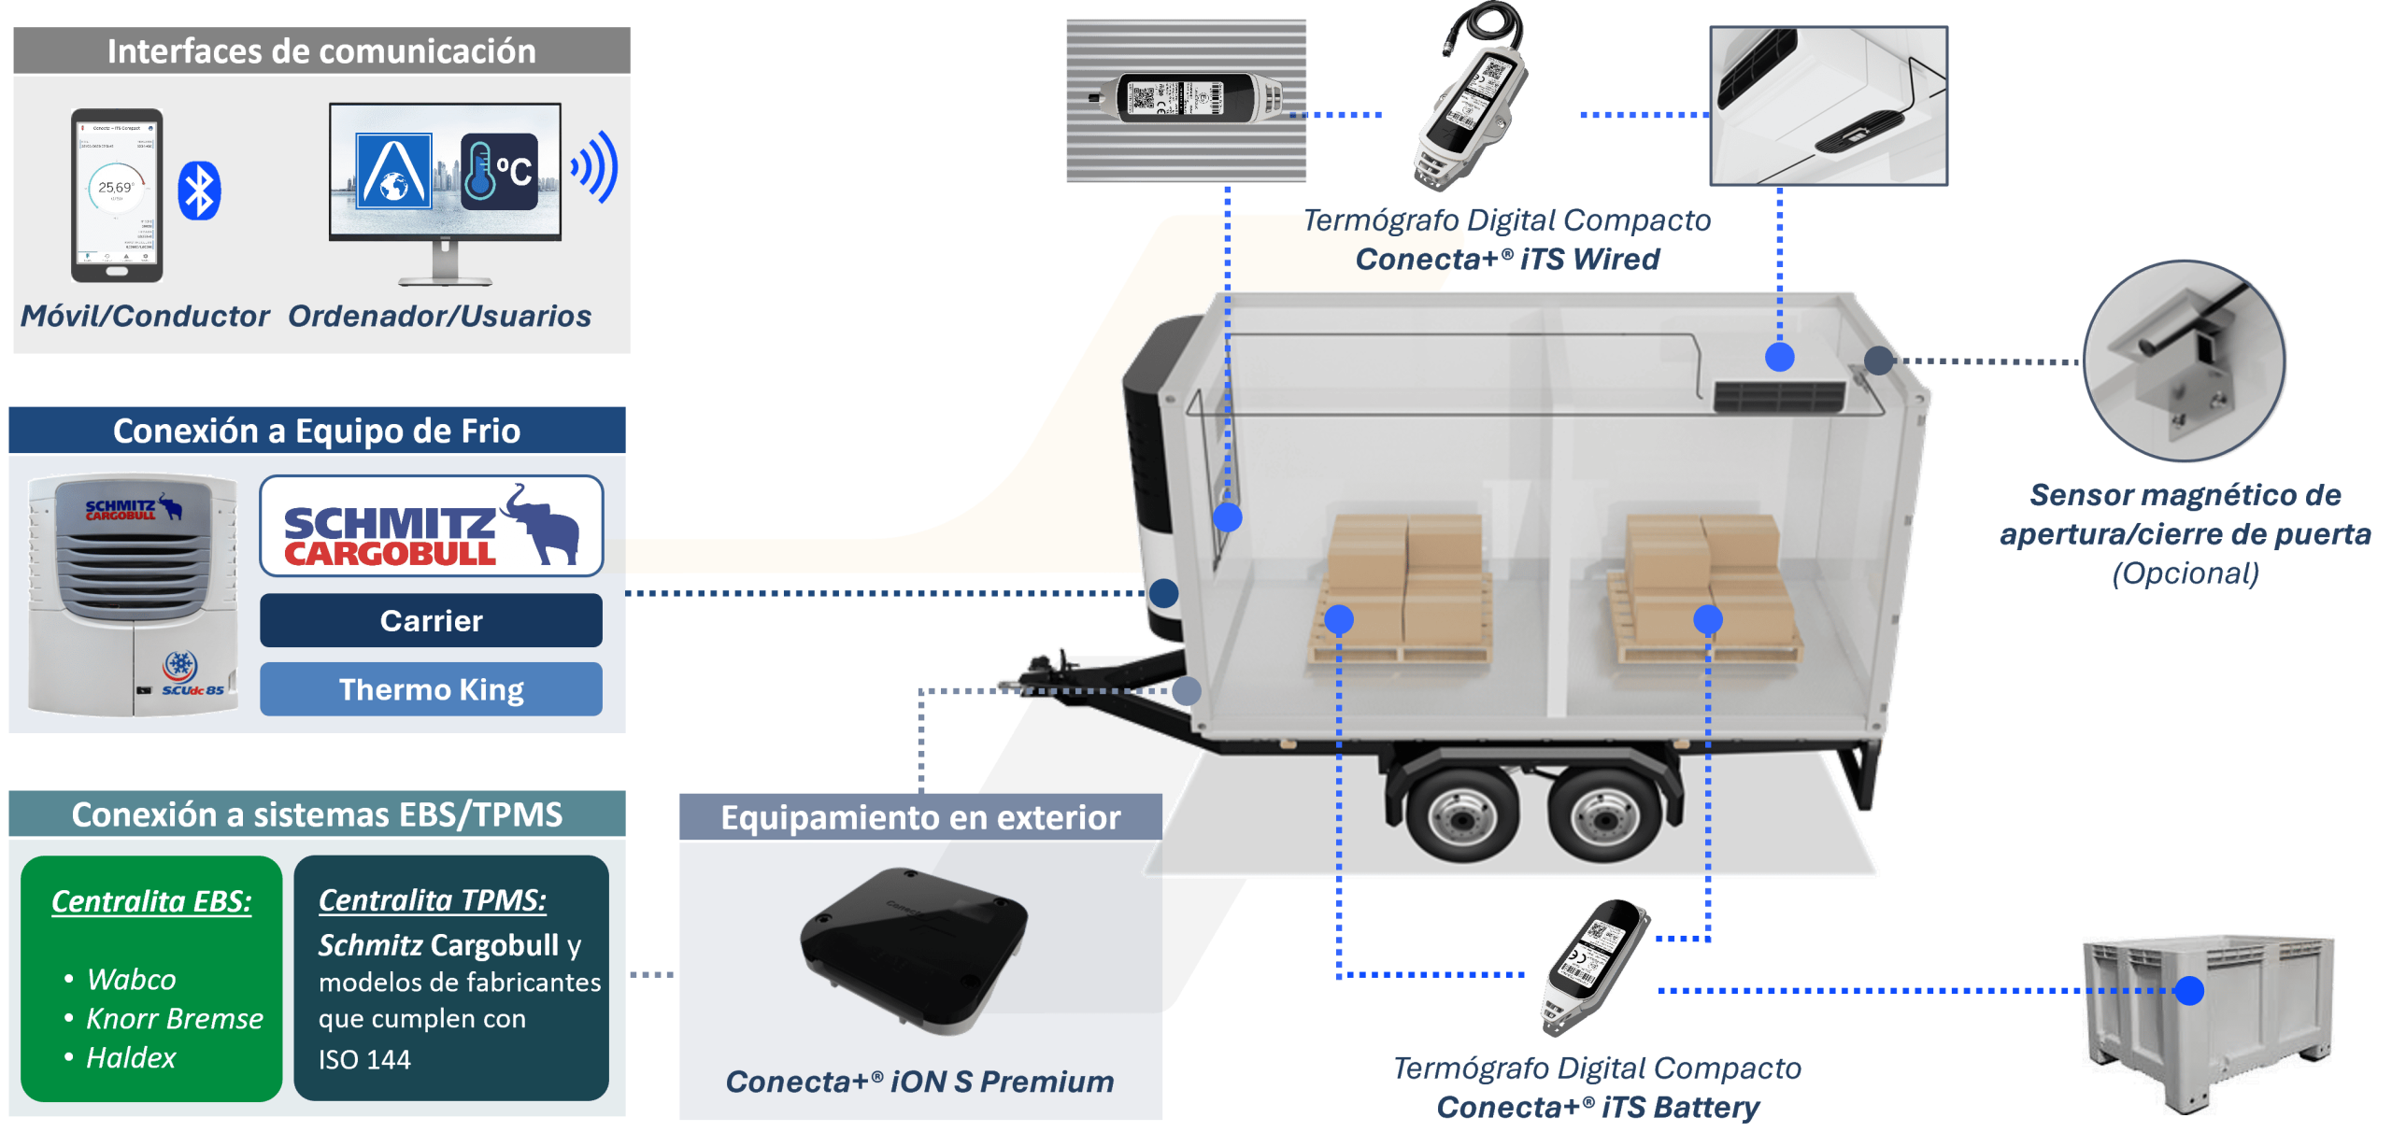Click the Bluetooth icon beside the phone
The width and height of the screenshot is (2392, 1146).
199,191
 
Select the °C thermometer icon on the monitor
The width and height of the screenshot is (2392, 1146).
499,172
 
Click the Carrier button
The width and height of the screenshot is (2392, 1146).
431,621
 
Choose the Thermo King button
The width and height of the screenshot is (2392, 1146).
431,689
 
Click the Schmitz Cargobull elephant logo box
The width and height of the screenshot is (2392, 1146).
431,526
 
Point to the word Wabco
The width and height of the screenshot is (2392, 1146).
131,979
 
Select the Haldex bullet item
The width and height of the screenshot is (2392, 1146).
130,1057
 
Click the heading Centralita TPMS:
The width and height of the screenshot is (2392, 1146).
433,900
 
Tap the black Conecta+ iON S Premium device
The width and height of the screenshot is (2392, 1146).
913,948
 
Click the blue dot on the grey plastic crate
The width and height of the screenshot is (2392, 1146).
2188,990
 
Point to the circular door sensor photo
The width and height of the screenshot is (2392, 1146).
2185,362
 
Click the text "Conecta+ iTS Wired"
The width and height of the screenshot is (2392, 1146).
1507,260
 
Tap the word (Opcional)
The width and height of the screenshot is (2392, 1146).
2186,573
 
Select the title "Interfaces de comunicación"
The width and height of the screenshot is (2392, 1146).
321,51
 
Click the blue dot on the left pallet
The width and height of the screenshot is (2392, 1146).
1339,618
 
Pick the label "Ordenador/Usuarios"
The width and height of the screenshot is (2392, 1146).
439,317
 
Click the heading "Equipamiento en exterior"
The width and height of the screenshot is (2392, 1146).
920,818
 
